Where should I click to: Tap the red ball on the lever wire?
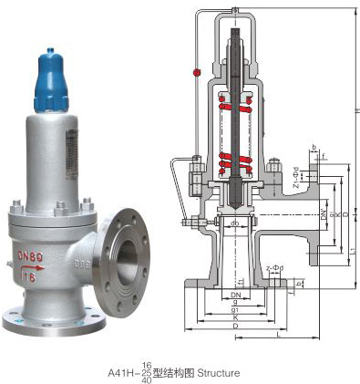click(x=195, y=72)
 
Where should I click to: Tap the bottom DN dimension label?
click(x=234, y=296)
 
